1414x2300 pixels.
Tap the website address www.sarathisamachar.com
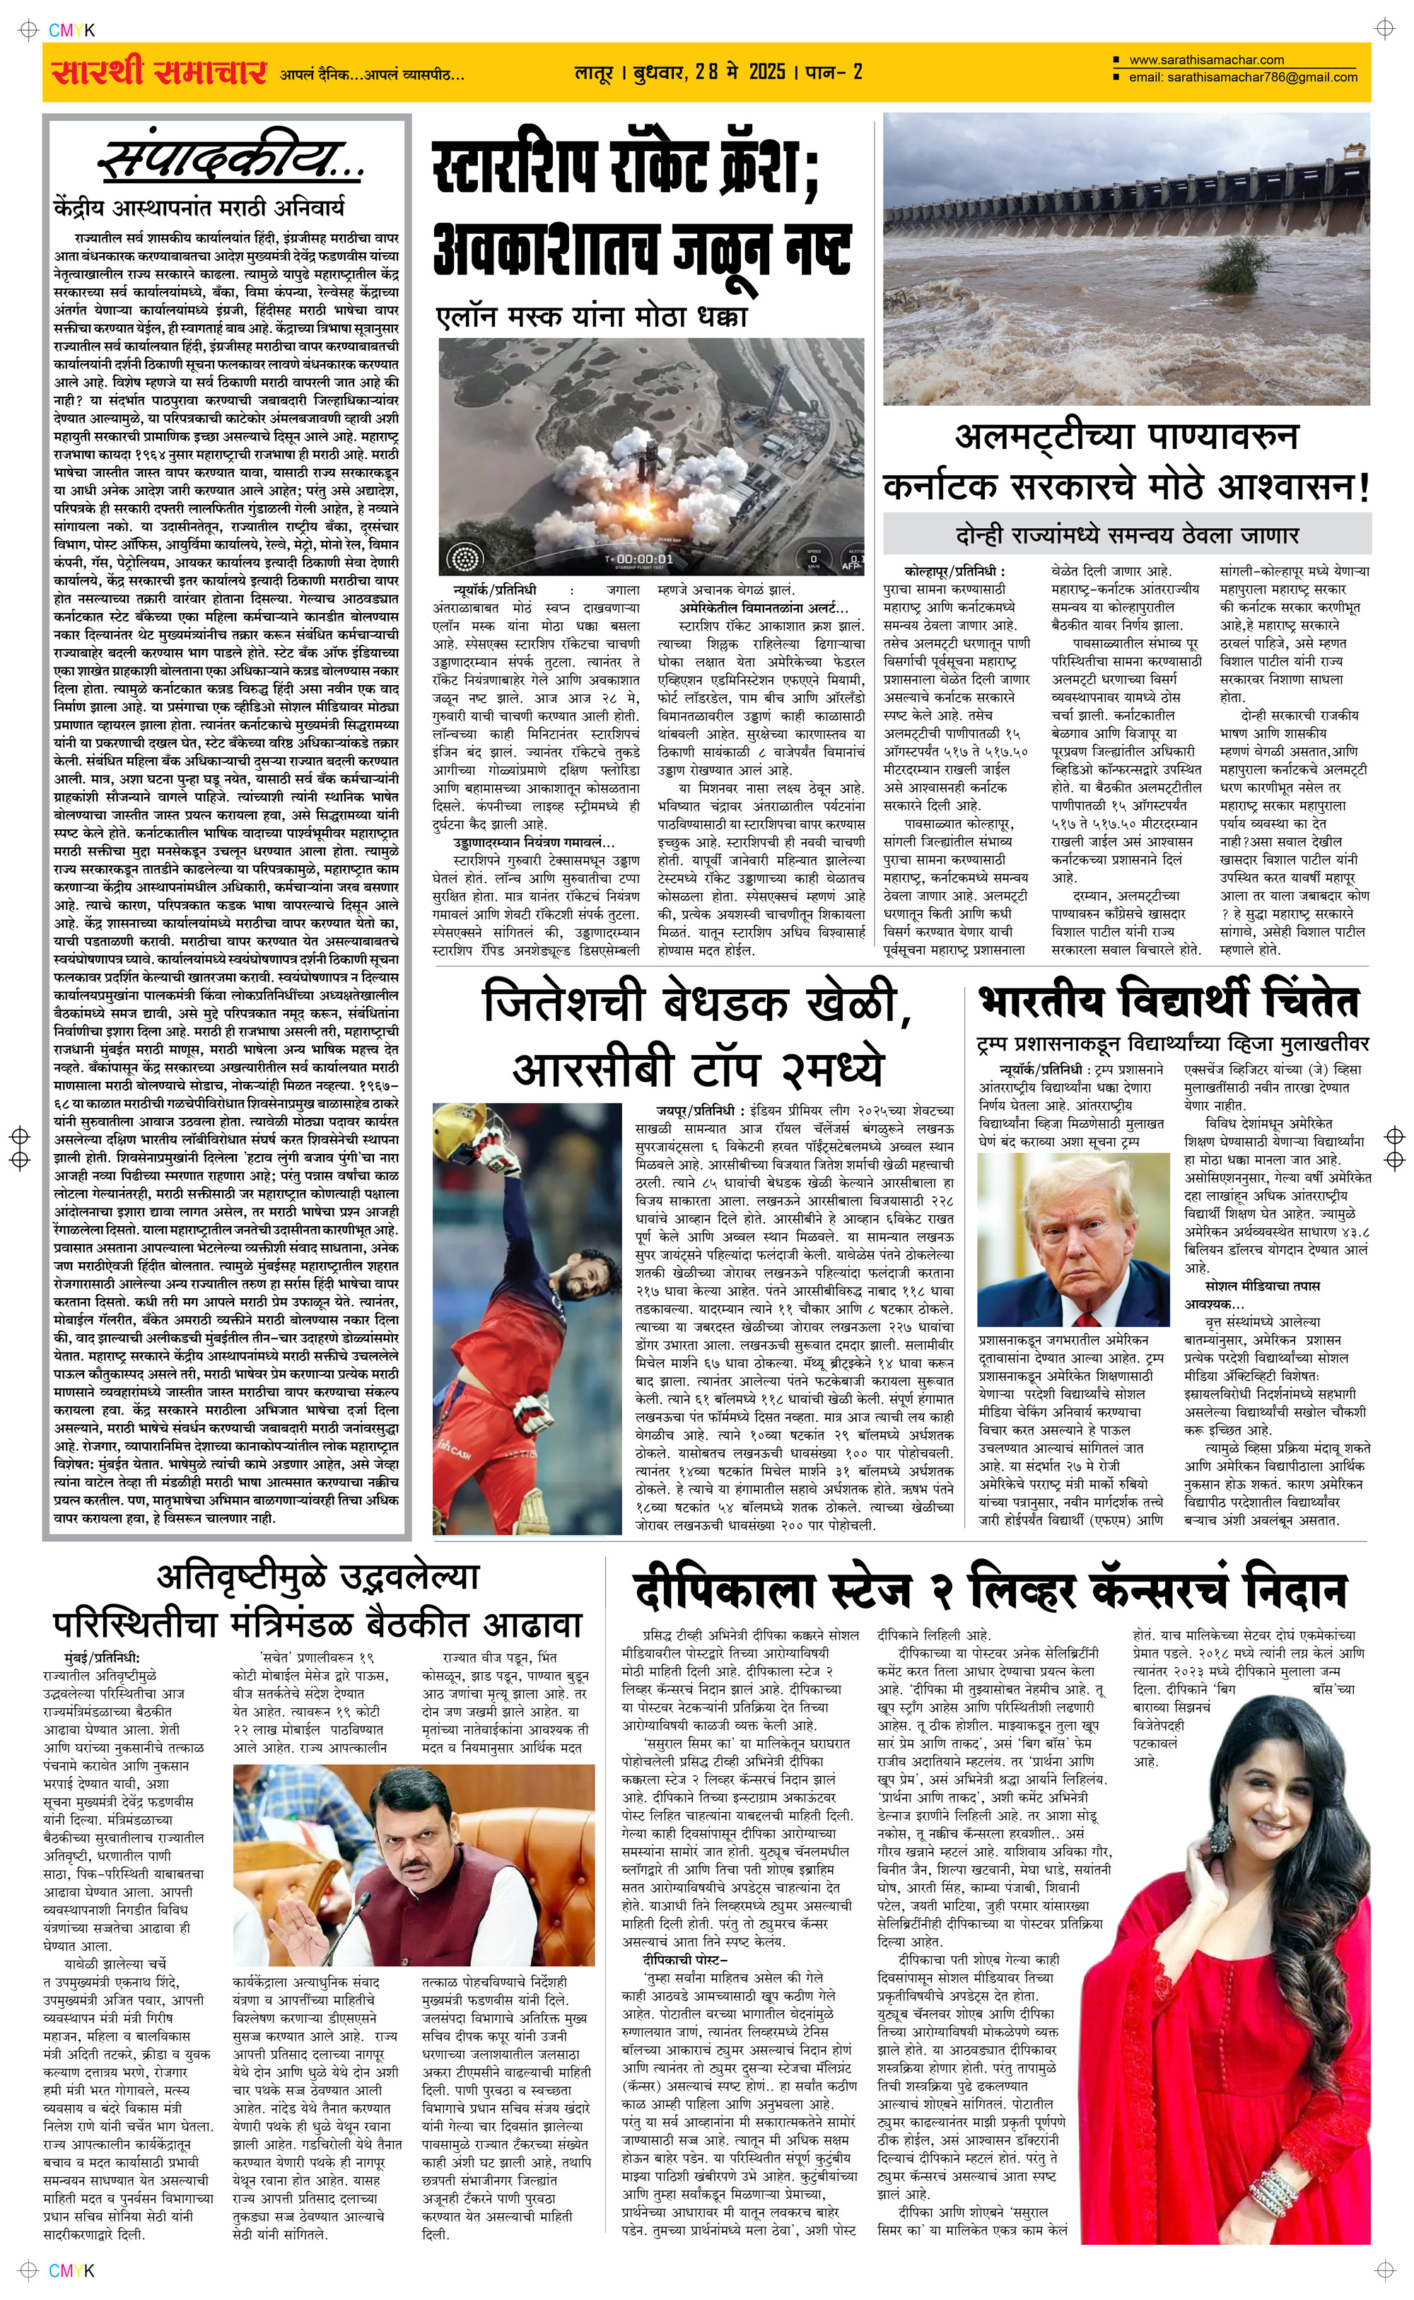pyautogui.click(x=1206, y=60)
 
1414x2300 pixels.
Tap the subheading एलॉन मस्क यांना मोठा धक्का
pyautogui.click(x=592, y=317)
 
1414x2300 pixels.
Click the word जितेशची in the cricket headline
pyautogui.click(x=563, y=1003)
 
